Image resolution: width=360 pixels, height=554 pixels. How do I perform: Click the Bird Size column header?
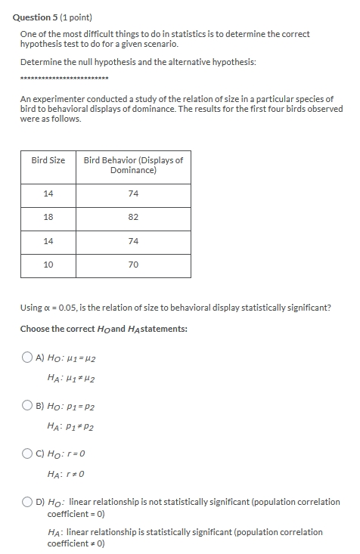pyautogui.click(x=48, y=160)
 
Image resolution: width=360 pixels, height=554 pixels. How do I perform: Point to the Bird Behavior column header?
pyautogui.click(x=133, y=165)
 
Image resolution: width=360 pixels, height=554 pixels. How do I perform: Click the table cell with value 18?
pyautogui.click(x=48, y=217)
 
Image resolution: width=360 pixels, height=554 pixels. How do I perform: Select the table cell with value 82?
pyautogui.click(x=133, y=217)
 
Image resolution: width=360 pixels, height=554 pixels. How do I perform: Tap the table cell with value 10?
pyautogui.click(x=48, y=265)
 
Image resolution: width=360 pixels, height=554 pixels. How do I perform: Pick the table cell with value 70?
pyautogui.click(x=133, y=265)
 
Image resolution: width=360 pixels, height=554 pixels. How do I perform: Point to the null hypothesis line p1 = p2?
pyautogui.click(x=73, y=406)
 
